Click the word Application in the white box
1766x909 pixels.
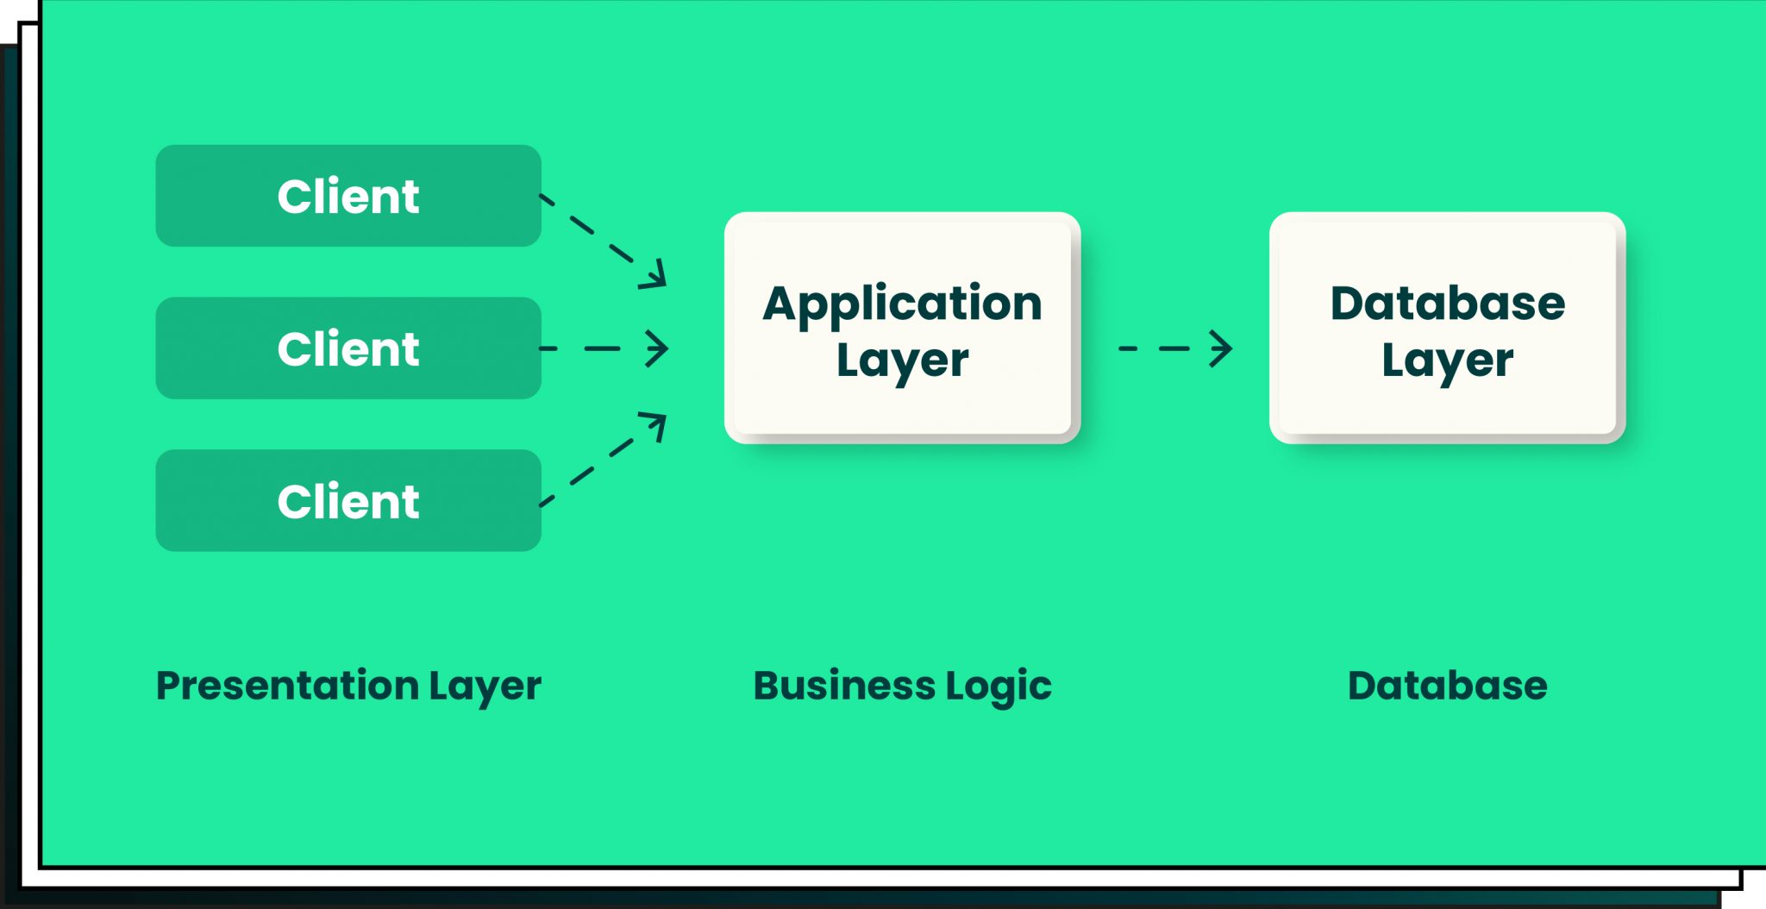pos(902,304)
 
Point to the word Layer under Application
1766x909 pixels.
pos(902,360)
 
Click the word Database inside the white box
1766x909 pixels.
pos(1447,304)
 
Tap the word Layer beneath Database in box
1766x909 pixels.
pos(1447,360)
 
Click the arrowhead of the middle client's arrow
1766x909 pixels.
pos(659,348)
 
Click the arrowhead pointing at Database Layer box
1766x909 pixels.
pos(1222,348)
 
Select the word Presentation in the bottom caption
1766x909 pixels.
pos(287,686)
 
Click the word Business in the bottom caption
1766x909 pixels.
pos(844,686)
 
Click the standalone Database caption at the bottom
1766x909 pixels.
pos(1447,686)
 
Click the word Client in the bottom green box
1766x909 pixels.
pos(348,501)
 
